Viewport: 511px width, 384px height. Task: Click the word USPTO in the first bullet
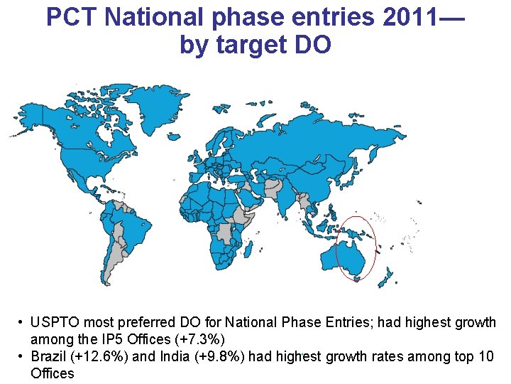57,323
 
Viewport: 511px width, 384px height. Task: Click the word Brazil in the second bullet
48,356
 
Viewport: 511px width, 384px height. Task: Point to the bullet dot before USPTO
23,323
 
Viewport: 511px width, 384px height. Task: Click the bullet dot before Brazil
23,356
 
